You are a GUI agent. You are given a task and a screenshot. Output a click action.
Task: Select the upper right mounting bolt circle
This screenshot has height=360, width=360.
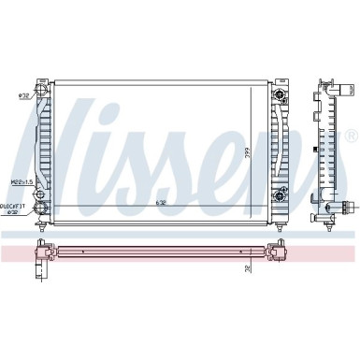point(280,94)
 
